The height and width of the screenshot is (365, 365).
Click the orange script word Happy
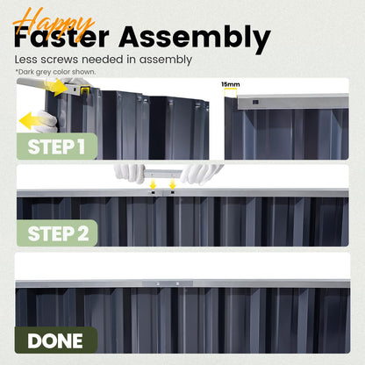[54, 24]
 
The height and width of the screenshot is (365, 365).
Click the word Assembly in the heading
[195, 39]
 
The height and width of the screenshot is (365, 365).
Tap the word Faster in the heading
[61, 38]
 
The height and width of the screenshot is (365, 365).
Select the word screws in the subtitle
[60, 60]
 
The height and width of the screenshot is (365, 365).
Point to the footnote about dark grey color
[55, 72]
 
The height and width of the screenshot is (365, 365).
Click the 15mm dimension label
[231, 84]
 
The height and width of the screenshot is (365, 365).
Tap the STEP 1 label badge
[57, 147]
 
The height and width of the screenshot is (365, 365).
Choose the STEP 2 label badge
[57, 233]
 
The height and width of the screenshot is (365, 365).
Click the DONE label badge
[56, 340]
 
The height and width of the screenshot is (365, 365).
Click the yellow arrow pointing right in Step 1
[56, 87]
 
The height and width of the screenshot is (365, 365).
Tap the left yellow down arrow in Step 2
[153, 185]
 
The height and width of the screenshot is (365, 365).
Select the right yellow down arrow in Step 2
[173, 185]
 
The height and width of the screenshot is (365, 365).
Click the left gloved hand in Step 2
[130, 173]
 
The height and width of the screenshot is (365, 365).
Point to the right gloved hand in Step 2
[201, 174]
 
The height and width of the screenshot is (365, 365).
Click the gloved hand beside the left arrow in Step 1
[46, 121]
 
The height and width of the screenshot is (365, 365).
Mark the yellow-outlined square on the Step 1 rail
[85, 90]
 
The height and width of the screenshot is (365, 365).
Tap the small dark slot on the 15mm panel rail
[255, 102]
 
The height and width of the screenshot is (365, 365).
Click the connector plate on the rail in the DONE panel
[168, 283]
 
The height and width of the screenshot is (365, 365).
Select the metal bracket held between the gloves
[163, 174]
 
